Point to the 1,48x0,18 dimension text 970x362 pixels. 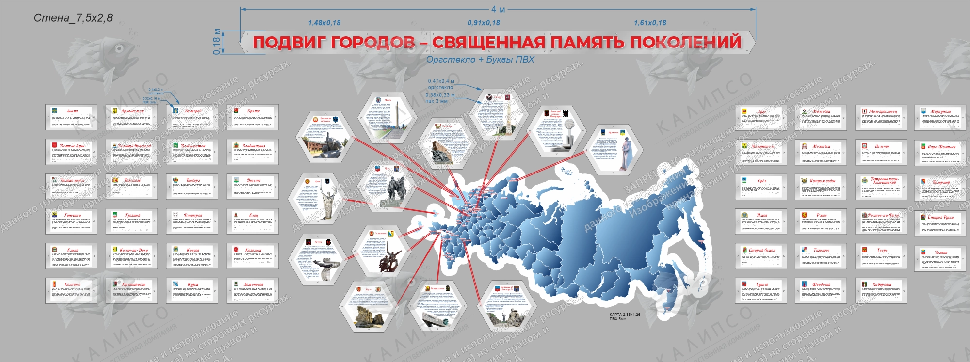[x=324, y=23]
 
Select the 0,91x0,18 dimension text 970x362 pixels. [x=484, y=23]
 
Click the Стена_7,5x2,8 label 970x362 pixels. [x=73, y=18]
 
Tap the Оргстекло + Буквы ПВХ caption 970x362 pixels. [x=480, y=60]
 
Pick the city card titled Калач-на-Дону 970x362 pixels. [x=132, y=256]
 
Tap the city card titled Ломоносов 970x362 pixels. [x=253, y=291]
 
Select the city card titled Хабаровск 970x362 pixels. [x=881, y=291]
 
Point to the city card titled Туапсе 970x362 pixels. [x=761, y=291]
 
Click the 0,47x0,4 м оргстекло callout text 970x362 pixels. [x=441, y=84]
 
